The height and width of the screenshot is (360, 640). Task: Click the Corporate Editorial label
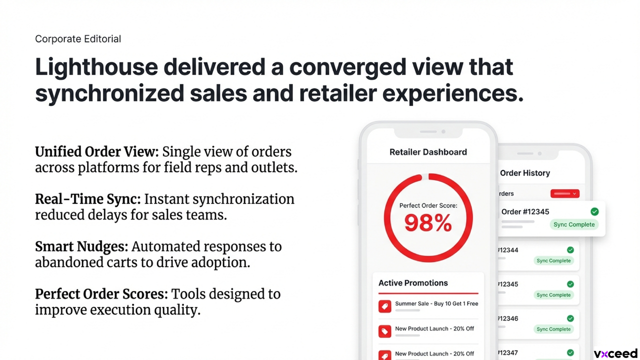coord(78,39)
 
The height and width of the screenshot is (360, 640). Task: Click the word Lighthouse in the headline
coord(96,67)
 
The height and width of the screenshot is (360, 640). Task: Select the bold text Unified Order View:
coord(97,151)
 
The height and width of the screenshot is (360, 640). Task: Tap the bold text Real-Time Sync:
coord(88,199)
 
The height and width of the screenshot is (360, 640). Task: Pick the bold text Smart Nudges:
coord(81,247)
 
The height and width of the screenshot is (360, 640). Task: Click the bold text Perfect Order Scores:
coord(101,294)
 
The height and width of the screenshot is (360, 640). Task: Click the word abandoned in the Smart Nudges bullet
coord(69,262)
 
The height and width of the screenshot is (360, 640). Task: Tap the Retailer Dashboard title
coord(428,152)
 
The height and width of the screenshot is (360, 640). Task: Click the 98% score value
coord(428,223)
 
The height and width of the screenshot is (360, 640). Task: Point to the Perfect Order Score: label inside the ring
coord(428,205)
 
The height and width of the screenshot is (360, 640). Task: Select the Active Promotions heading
coord(413,283)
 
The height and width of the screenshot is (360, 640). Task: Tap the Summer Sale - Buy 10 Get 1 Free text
coord(436,303)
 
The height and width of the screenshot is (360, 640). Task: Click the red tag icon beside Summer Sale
coord(385,306)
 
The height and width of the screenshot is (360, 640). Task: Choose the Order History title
coord(525,173)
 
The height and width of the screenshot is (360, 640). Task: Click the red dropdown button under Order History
coord(565,193)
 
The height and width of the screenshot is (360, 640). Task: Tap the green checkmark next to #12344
coord(570,250)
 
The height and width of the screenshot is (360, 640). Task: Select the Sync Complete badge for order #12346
coord(553,329)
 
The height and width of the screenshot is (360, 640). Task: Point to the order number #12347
coord(507,353)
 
